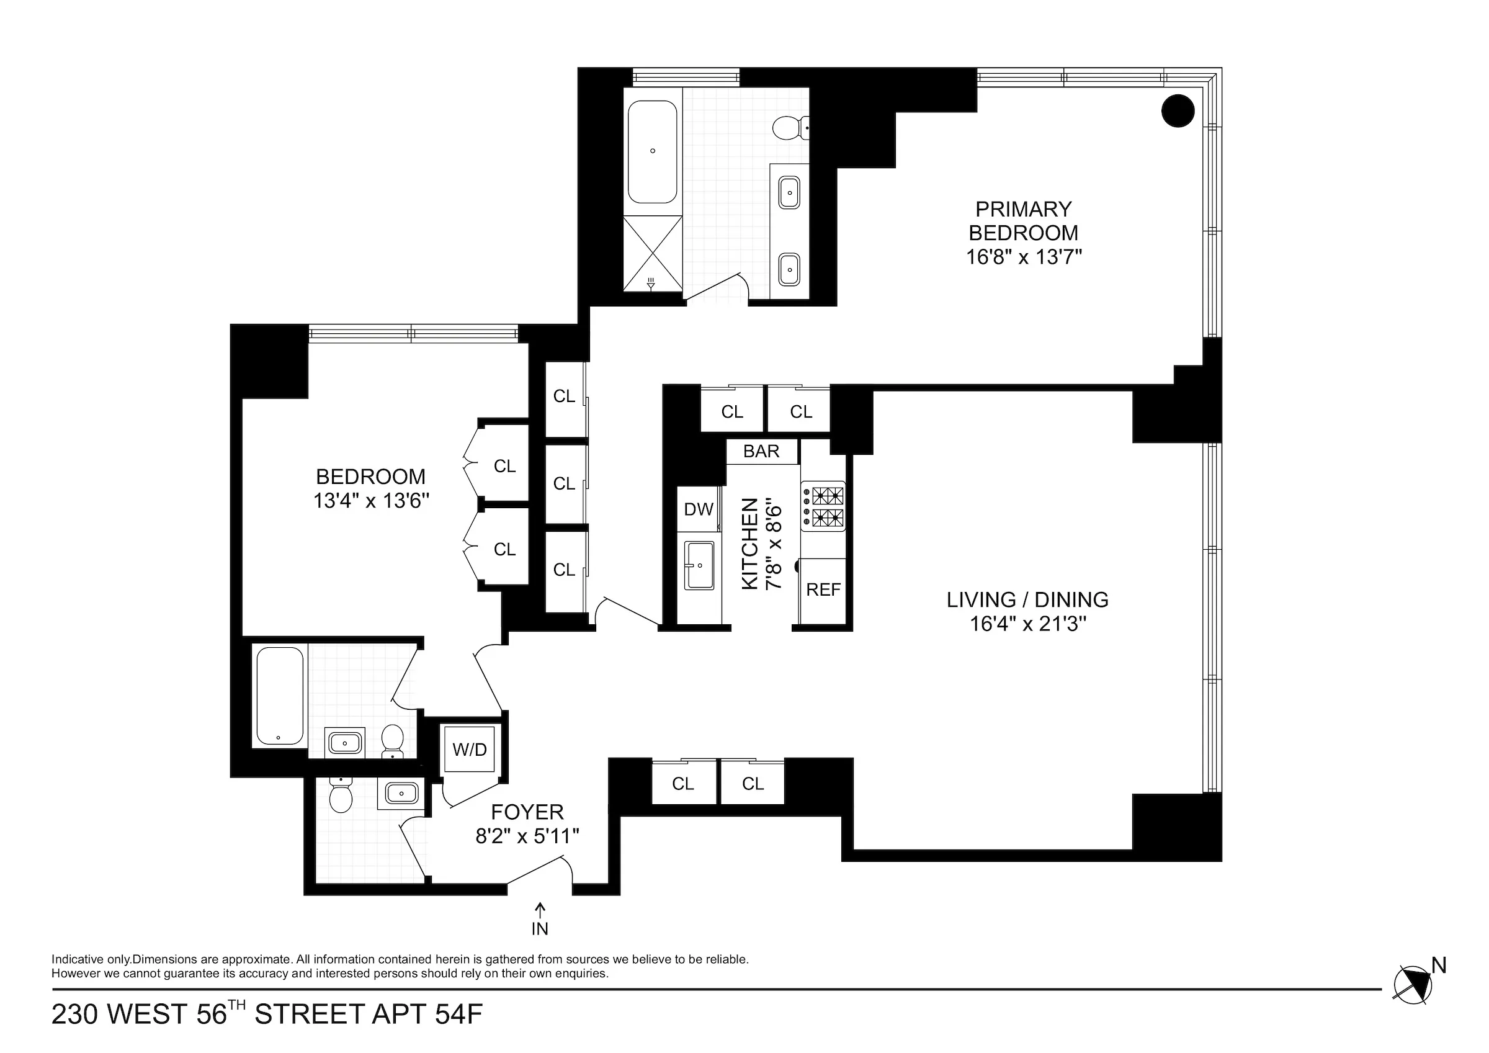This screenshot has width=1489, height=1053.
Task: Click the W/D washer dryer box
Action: coord(470,749)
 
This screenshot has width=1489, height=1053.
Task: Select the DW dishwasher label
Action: coord(699,509)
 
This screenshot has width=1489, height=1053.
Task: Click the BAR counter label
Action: coord(761,451)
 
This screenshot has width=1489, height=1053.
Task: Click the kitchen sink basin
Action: coord(699,565)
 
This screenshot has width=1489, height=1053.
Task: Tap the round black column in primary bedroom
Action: coord(1178,111)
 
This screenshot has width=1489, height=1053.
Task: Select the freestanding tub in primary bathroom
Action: coord(653,151)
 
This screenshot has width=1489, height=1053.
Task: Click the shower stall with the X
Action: coord(653,253)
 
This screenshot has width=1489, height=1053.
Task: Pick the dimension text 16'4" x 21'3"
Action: coord(1028,624)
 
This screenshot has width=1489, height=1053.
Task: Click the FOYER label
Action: coord(527,812)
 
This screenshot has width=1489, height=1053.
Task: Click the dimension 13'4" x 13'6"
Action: coord(372,500)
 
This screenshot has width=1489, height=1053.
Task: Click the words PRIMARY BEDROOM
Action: coord(1024,221)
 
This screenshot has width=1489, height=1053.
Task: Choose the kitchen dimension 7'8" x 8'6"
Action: coord(774,544)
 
